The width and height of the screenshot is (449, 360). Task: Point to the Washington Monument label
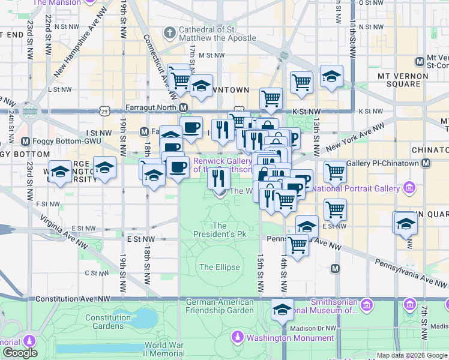click(291, 338)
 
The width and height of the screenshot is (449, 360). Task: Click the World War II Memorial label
click(164, 350)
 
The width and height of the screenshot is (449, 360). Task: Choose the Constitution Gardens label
click(108, 322)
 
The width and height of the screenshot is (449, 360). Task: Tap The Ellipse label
click(220, 267)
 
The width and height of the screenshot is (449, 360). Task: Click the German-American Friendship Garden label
click(220, 306)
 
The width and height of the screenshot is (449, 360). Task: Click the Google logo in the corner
click(19, 353)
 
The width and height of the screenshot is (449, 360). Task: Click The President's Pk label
click(220, 230)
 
